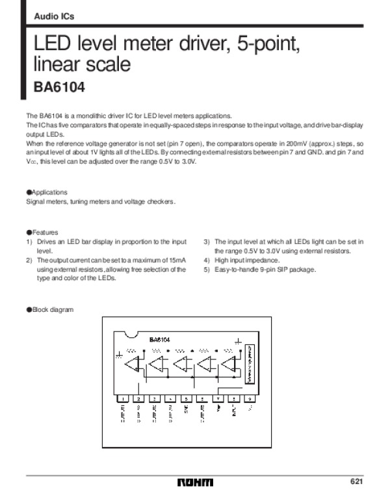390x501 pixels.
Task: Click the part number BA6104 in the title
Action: tap(59, 86)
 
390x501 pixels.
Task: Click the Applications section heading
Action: tap(46, 192)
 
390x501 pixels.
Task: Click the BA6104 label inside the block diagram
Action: tap(160, 339)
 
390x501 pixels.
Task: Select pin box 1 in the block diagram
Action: tap(122, 398)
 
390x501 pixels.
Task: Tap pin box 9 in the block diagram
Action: tap(250, 398)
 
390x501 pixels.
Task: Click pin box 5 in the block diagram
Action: tap(186, 398)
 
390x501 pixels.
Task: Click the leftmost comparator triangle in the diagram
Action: tap(133, 365)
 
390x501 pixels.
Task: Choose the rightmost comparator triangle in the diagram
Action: tap(229, 365)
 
